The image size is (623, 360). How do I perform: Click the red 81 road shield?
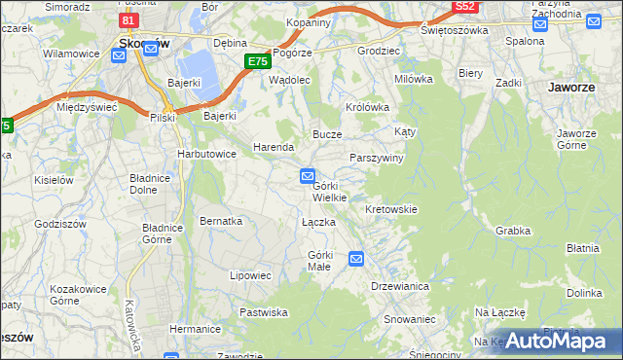click(128, 19)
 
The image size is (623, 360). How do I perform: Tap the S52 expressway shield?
click(464, 7)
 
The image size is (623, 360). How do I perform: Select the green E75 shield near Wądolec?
click(257, 61)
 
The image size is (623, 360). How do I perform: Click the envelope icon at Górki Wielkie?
click(307, 176)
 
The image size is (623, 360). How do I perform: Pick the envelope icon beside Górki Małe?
click(356, 258)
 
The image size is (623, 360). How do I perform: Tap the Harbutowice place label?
click(206, 154)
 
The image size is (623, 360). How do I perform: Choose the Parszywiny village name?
click(377, 158)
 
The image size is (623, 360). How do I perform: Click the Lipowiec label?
click(250, 275)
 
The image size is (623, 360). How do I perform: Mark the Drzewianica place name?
click(400, 286)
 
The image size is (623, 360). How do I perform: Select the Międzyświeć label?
click(87, 107)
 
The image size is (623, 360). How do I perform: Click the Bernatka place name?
click(221, 221)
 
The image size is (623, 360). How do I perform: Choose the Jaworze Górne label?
click(577, 139)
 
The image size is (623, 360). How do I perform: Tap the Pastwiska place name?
click(264, 312)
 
